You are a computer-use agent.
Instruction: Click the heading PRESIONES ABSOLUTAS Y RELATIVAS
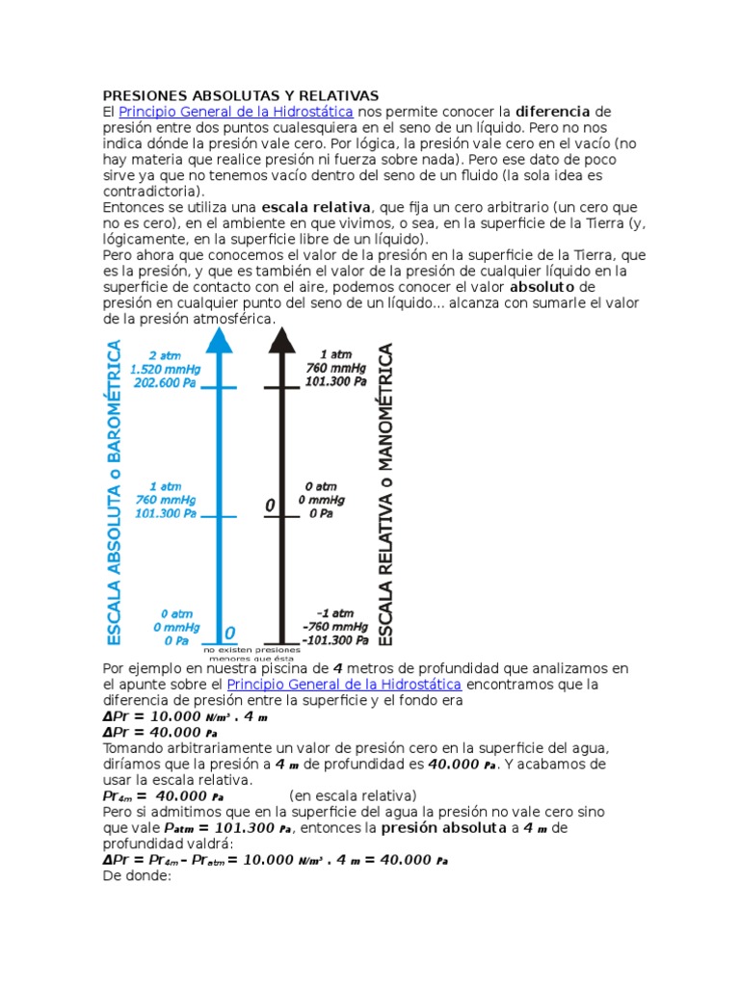coord(241,95)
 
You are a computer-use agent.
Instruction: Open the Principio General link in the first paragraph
coord(236,112)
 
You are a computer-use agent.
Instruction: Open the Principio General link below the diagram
coord(344,684)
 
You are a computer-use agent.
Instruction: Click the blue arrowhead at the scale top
coord(220,339)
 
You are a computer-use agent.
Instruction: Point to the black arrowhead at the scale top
coord(281,339)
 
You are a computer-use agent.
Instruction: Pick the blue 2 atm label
coord(164,355)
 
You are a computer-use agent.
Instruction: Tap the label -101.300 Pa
coord(334,638)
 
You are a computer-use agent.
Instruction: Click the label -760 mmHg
coord(334,626)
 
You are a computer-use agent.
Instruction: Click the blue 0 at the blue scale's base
coord(229,633)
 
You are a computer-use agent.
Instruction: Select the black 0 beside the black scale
coord(270,506)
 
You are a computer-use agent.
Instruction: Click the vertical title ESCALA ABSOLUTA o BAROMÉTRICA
coord(114,491)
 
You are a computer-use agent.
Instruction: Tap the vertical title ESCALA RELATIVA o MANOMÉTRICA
coord(386,495)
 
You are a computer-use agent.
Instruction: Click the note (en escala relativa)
coord(353,795)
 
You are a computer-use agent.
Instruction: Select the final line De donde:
coord(136,876)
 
